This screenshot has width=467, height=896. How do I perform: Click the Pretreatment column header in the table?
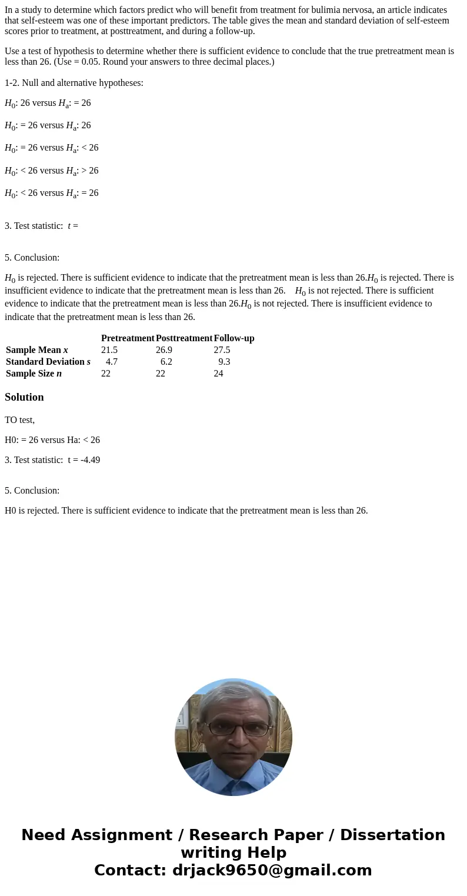(x=128, y=338)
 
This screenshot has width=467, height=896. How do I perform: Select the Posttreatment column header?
(x=184, y=338)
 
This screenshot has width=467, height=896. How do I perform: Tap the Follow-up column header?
(x=234, y=338)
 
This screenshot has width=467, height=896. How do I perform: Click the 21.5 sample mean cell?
(x=109, y=350)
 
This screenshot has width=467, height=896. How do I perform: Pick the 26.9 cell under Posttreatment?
(x=164, y=350)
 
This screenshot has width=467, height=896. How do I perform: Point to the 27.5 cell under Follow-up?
(x=222, y=350)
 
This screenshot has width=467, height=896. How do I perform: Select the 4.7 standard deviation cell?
(x=112, y=362)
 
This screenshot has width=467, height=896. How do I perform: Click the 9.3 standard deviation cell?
(x=224, y=362)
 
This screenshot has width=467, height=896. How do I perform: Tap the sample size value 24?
(x=218, y=374)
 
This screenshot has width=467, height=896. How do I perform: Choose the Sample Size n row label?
(x=34, y=374)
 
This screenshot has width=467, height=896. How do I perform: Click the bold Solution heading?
(x=24, y=397)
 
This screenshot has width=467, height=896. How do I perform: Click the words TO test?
(x=19, y=420)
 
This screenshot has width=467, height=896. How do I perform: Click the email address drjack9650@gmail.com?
(x=272, y=870)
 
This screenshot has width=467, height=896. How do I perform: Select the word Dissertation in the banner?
(x=392, y=835)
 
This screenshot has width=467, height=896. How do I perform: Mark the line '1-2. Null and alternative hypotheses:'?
(x=74, y=83)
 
